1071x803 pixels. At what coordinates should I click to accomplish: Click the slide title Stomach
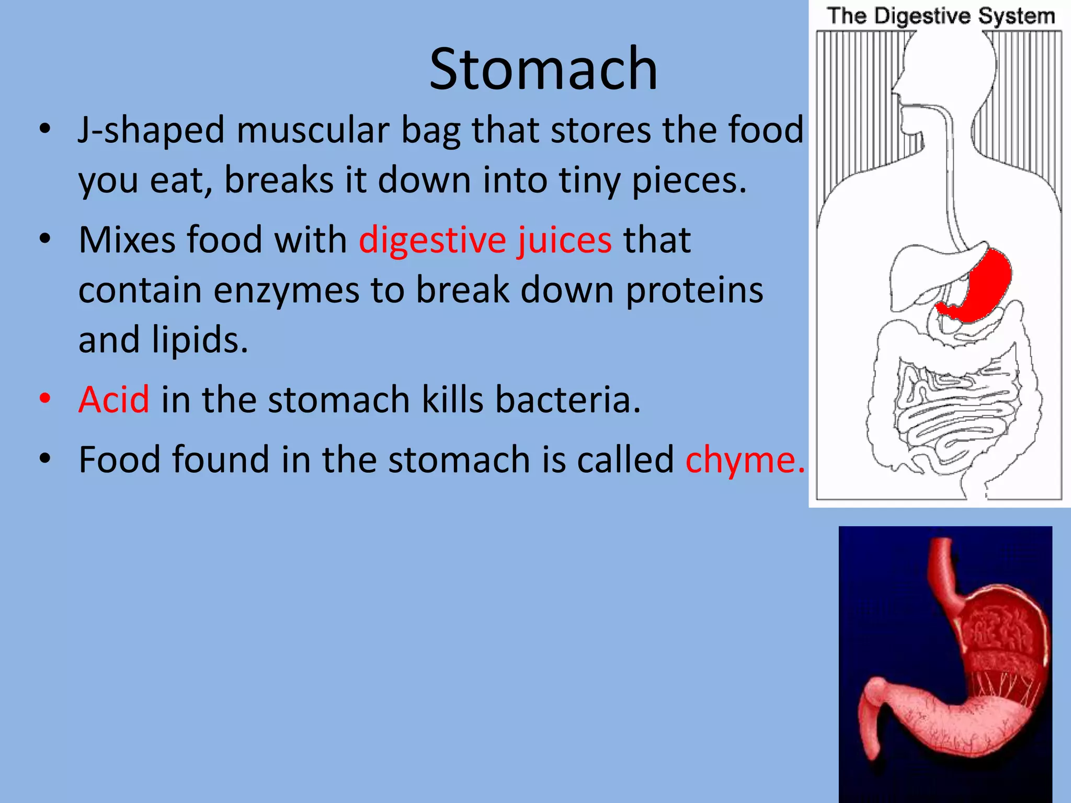pyautogui.click(x=543, y=70)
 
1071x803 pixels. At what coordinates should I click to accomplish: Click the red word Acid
pyautogui.click(x=114, y=399)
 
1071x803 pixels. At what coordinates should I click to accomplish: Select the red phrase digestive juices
pyautogui.click(x=485, y=240)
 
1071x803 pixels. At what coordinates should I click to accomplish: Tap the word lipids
pyautogui.click(x=200, y=340)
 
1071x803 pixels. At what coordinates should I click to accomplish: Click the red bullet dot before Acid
pyautogui.click(x=45, y=398)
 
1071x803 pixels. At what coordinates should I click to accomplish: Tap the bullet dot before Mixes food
pyautogui.click(x=45, y=239)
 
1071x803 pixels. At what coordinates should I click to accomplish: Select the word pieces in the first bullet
pyautogui.click(x=689, y=180)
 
